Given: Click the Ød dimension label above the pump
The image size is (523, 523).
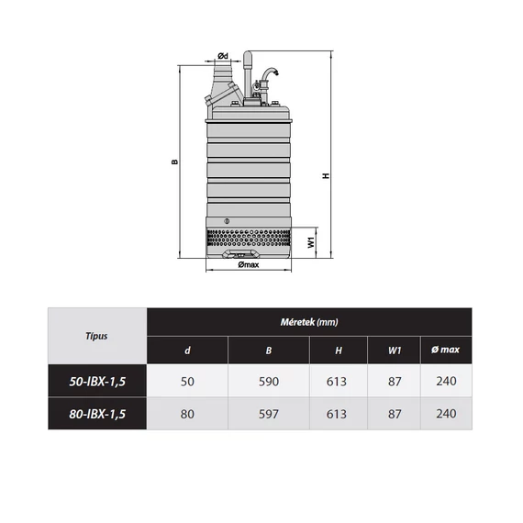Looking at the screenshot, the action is point(223,56).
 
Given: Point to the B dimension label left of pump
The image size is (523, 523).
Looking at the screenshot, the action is point(175,161).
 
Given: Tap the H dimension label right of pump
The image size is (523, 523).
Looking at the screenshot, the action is point(326,175).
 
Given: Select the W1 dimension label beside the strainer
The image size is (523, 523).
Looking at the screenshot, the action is point(311,242).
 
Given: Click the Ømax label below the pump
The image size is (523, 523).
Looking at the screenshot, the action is point(249,264).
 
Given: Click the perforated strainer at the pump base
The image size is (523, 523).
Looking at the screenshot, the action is point(249,238).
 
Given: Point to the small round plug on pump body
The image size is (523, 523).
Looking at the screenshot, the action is point(227,221).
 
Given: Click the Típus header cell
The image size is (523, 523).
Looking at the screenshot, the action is point(96,336).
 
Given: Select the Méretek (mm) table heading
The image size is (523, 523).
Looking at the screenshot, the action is point(309,322).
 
